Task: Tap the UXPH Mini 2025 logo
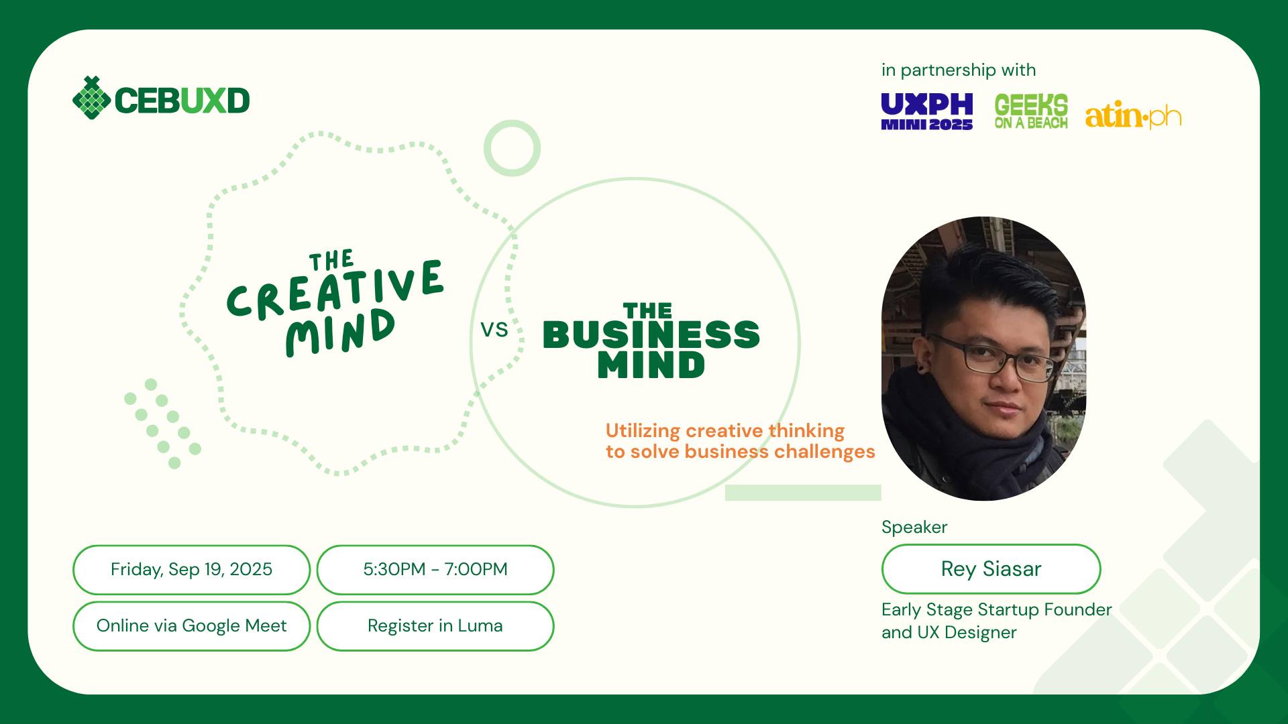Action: point(926,111)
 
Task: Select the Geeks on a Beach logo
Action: point(1030,111)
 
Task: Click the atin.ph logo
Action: point(1132,116)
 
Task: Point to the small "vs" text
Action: point(494,330)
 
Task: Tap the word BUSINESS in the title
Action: point(651,335)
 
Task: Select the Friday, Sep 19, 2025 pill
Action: point(191,569)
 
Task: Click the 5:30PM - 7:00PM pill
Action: point(435,569)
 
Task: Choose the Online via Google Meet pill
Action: point(191,625)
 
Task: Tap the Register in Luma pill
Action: point(435,625)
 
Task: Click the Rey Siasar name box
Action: point(991,568)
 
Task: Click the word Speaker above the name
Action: point(914,527)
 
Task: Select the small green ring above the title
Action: point(512,148)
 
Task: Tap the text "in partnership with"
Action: point(958,70)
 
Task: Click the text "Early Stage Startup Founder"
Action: point(996,609)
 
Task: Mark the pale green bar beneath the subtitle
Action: point(802,493)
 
